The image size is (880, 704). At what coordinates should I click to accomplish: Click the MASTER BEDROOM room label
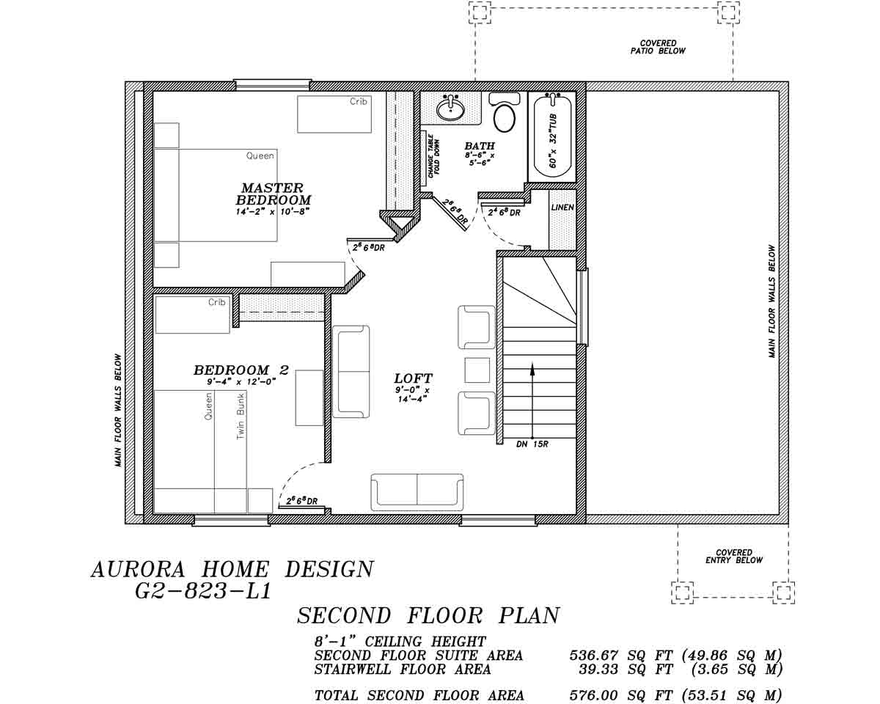click(273, 194)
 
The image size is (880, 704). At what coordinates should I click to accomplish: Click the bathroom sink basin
click(450, 109)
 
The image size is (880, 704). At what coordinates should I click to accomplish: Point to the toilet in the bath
click(504, 115)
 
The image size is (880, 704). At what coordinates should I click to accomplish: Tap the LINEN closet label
click(562, 208)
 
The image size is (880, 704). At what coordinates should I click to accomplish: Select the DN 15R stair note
click(532, 444)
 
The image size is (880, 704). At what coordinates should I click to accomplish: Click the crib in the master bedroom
click(334, 114)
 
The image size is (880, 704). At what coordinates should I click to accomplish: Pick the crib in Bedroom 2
click(193, 315)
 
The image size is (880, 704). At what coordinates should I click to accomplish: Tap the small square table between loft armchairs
click(477, 370)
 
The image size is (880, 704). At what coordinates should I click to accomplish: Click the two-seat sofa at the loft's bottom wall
click(417, 491)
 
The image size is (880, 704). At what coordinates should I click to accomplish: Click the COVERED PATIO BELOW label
click(658, 47)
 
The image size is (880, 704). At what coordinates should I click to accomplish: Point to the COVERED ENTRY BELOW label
click(734, 556)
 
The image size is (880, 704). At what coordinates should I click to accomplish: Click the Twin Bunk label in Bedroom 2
click(241, 416)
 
